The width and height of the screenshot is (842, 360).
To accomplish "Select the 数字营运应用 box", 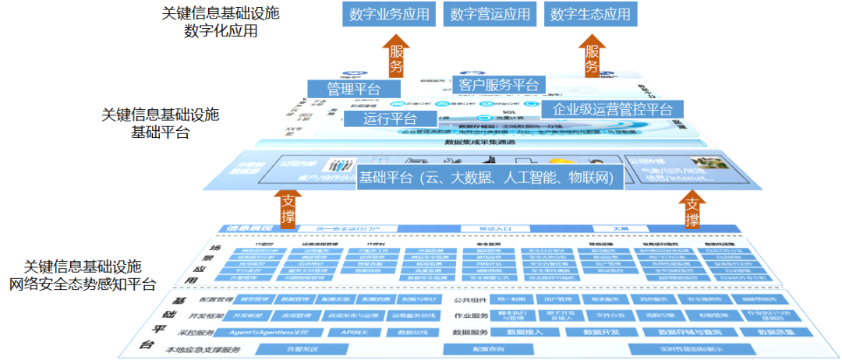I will click(x=490, y=15).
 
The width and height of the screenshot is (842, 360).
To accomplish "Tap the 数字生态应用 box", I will click(x=590, y=15).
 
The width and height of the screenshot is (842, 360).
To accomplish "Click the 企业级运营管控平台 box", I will click(x=612, y=109).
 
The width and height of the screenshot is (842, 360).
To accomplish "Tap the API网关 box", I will click(x=343, y=333).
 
